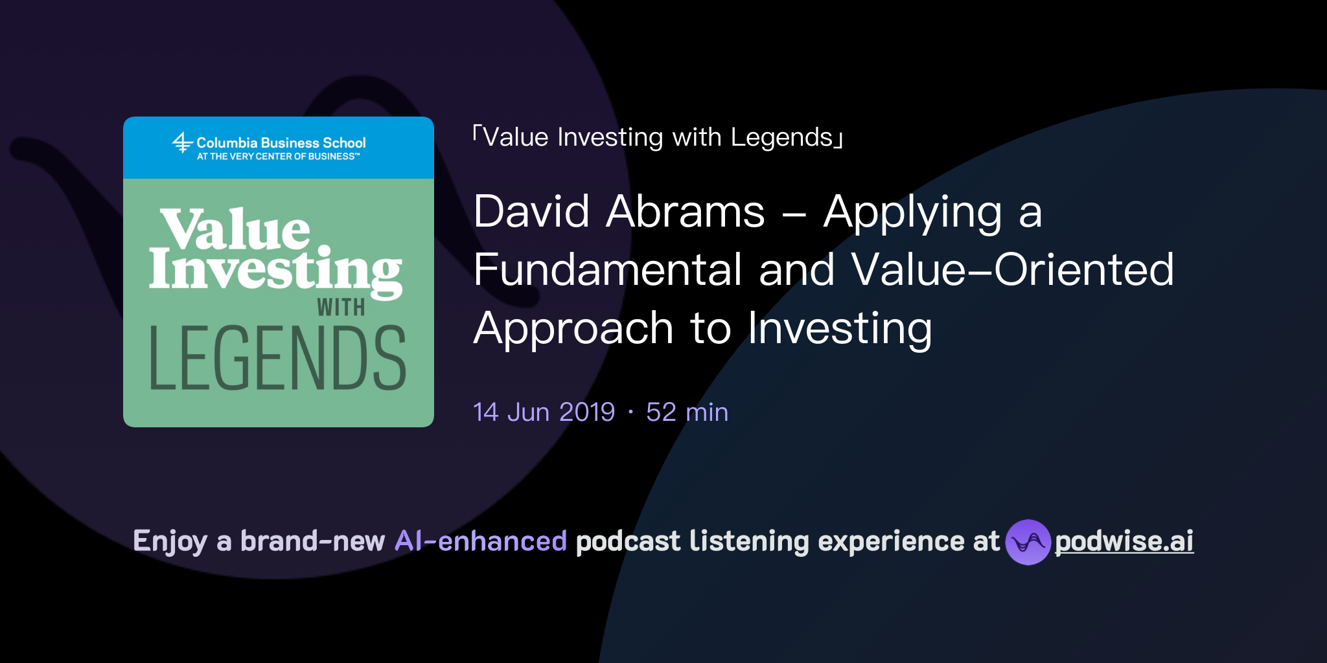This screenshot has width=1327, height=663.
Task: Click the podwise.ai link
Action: [x=1124, y=541]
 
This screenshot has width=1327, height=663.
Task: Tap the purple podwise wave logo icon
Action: [x=1028, y=542]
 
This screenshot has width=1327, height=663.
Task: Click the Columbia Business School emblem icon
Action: [x=182, y=142]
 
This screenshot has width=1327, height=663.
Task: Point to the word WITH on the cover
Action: [x=341, y=308]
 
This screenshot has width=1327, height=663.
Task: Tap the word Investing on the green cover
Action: [x=275, y=270]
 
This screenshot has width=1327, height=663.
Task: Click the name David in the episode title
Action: [x=531, y=212]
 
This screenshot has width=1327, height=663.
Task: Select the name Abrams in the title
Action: [x=685, y=212]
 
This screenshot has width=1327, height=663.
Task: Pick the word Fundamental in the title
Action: [x=607, y=270]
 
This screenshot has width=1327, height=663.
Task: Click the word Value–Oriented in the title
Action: [x=1012, y=270]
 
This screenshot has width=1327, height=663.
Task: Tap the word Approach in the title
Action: [x=573, y=329]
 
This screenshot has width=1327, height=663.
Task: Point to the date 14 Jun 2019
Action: [x=544, y=412]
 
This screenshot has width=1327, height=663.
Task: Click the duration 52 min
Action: [x=687, y=412]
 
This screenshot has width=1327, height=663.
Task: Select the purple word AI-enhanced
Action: [x=481, y=541]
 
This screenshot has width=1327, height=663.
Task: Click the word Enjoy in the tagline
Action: [x=170, y=542]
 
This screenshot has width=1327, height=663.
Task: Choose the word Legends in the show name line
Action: [x=781, y=137]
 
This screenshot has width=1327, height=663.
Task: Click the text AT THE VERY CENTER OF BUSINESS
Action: [x=277, y=157]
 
